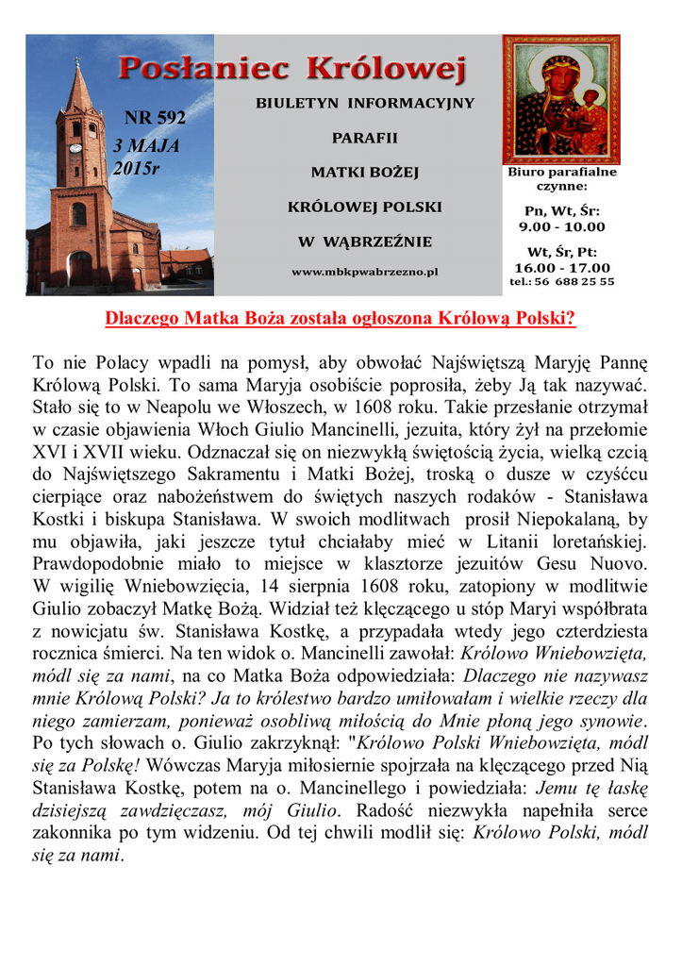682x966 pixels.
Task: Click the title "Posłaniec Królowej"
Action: point(292,69)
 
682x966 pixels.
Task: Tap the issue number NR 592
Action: point(155,118)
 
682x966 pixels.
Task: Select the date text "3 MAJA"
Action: point(145,146)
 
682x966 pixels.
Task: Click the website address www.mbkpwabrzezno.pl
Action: point(365,272)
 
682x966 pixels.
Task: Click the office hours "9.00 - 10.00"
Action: point(562,226)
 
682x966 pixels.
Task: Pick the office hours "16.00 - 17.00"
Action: point(562,268)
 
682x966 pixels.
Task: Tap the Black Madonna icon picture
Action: point(560,100)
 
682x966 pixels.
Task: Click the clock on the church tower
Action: point(75,147)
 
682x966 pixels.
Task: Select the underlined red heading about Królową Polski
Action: point(340,318)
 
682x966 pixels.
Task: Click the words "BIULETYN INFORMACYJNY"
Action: point(365,103)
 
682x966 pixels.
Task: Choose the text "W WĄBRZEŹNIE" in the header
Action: point(365,241)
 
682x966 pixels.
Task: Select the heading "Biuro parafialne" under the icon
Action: point(562,173)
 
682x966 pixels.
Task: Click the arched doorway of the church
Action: point(80,269)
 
